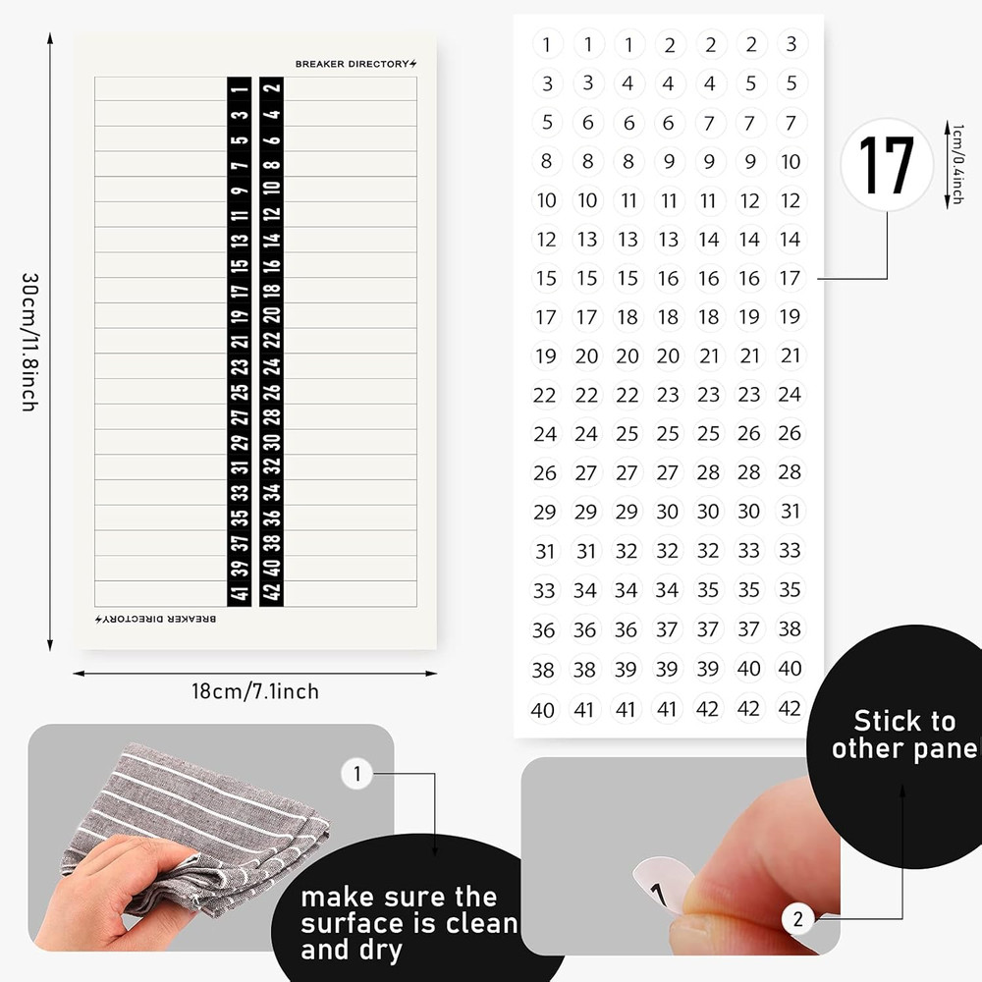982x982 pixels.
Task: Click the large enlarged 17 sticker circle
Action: coord(887,164)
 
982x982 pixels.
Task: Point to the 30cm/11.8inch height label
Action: coord(29,341)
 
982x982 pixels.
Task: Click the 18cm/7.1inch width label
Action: coord(255,691)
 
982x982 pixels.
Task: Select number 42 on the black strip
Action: coord(272,592)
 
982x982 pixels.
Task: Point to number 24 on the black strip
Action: coord(272,366)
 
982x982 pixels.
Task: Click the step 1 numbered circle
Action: coord(356,774)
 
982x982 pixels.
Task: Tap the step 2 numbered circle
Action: coord(798,919)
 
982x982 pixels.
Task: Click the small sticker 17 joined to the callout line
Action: coord(790,278)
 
